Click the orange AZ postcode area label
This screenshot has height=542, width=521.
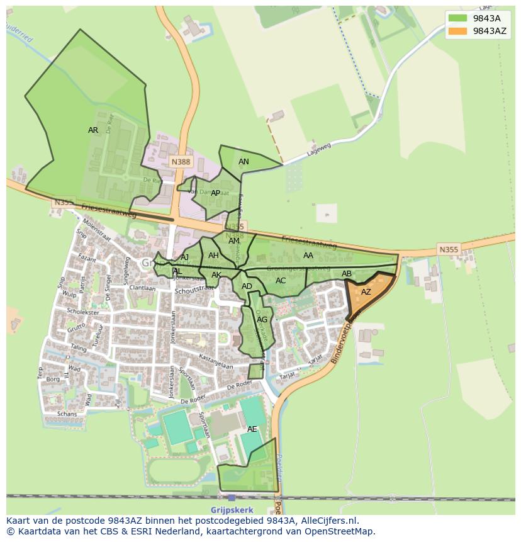[366, 292]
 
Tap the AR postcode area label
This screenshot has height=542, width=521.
[93, 130]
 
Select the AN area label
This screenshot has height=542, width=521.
[244, 162]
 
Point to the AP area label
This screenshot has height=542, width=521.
[215, 193]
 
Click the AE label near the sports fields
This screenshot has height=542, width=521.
[252, 429]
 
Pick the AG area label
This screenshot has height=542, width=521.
[262, 320]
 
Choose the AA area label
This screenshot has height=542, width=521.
[308, 256]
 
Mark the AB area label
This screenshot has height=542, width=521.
[346, 274]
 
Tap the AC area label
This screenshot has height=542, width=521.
[281, 281]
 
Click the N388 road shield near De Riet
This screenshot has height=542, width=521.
[181, 162]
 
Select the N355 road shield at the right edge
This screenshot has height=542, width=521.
[449, 250]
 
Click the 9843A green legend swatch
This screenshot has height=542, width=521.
[457, 18]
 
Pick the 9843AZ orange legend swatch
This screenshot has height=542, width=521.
[457, 31]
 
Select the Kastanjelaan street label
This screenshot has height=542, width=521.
[216, 362]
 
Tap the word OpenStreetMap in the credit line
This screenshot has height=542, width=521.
[341, 532]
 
